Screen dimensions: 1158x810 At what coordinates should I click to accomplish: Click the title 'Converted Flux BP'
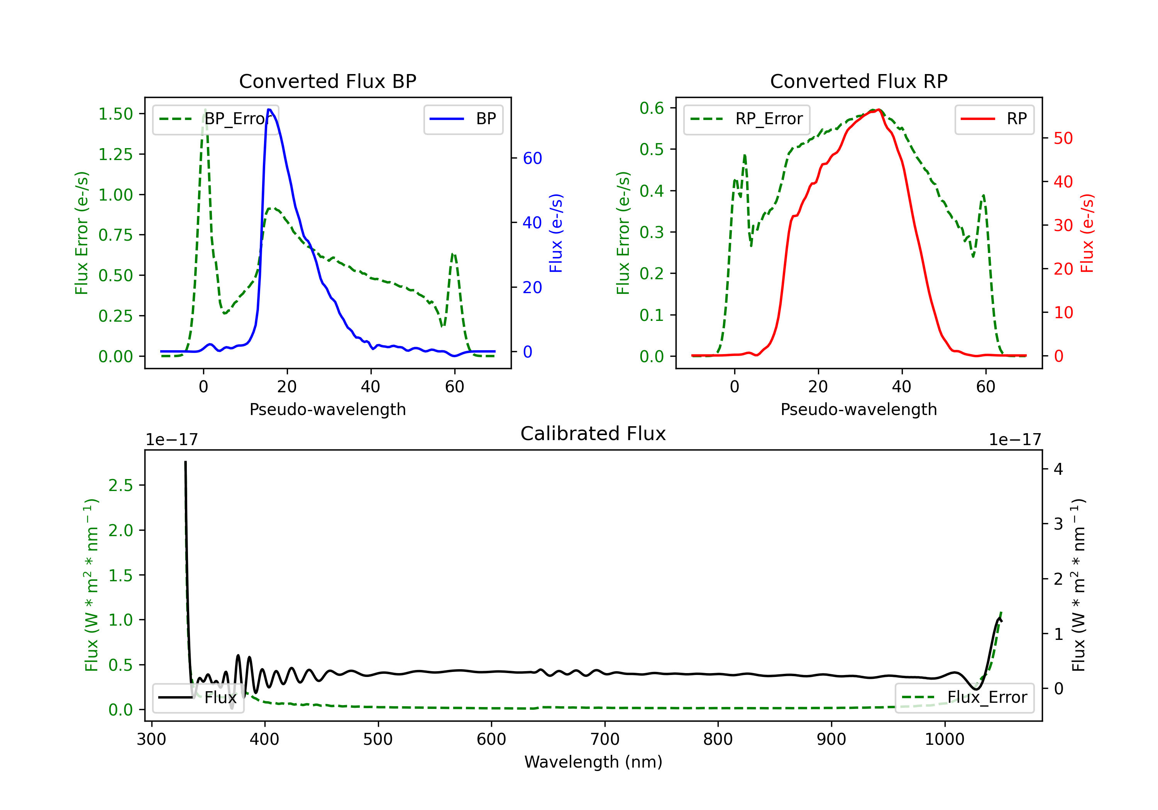tap(327, 81)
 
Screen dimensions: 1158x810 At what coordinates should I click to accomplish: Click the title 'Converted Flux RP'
tap(858, 81)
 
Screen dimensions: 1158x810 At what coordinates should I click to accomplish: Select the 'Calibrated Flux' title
tap(593, 434)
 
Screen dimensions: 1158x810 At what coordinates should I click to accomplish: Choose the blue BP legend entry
tap(463, 119)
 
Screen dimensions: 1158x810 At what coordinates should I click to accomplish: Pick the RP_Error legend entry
tap(747, 119)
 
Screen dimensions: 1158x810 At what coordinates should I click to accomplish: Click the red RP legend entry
tap(994, 119)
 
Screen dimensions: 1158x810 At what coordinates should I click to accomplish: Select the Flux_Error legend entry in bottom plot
tap(964, 698)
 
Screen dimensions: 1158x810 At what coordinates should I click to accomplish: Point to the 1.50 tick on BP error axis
tap(115, 114)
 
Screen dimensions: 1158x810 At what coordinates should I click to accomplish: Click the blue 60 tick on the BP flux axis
tap(532, 158)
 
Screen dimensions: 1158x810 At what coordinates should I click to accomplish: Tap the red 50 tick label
tap(1063, 138)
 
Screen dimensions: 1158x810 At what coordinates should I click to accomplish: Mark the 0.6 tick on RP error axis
tap(652, 108)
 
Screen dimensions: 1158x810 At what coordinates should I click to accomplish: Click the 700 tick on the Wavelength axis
tap(605, 739)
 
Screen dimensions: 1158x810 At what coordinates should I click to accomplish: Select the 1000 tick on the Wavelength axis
tap(945, 739)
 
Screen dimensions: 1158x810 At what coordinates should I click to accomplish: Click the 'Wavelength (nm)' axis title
tap(593, 762)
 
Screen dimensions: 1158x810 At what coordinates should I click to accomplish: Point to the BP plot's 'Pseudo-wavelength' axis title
tap(327, 409)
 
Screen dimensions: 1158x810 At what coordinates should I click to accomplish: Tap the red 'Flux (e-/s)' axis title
tap(1087, 233)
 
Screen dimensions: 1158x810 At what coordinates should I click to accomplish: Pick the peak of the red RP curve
tap(879, 110)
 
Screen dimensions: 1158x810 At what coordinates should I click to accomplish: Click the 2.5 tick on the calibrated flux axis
tap(120, 485)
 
